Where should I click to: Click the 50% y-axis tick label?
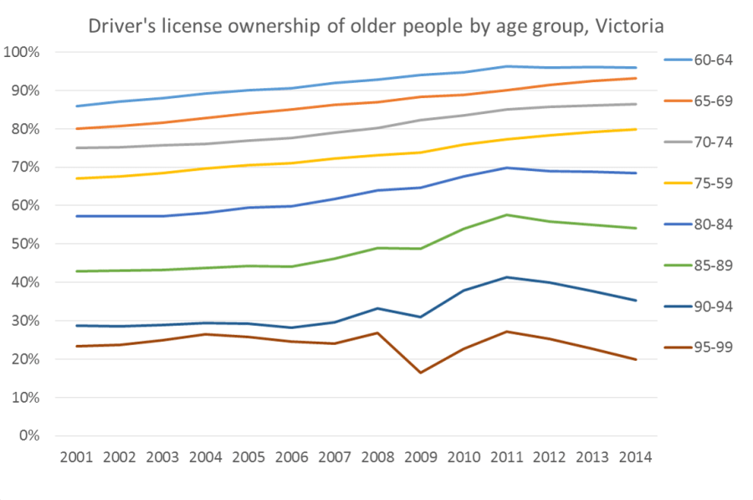click(x=24, y=245)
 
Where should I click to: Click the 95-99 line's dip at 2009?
click(x=420, y=372)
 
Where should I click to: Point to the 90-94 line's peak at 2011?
click(x=506, y=277)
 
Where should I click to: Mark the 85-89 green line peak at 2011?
click(x=506, y=215)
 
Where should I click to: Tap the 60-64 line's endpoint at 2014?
click(x=636, y=68)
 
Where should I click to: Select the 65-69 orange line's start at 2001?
click(x=76, y=129)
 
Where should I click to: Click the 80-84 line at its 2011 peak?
click(x=506, y=168)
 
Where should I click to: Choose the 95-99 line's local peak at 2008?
click(x=377, y=333)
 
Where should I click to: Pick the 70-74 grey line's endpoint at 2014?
click(x=636, y=104)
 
